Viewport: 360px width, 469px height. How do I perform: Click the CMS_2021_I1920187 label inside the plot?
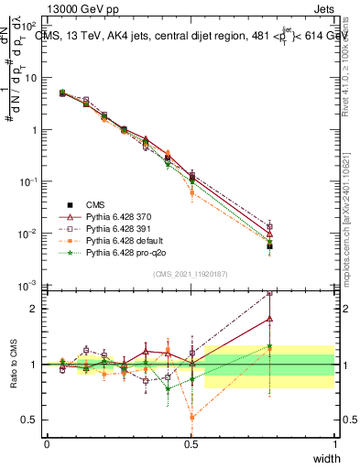point(191,274)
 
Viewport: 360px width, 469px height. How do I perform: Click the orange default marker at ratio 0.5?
point(191,418)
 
